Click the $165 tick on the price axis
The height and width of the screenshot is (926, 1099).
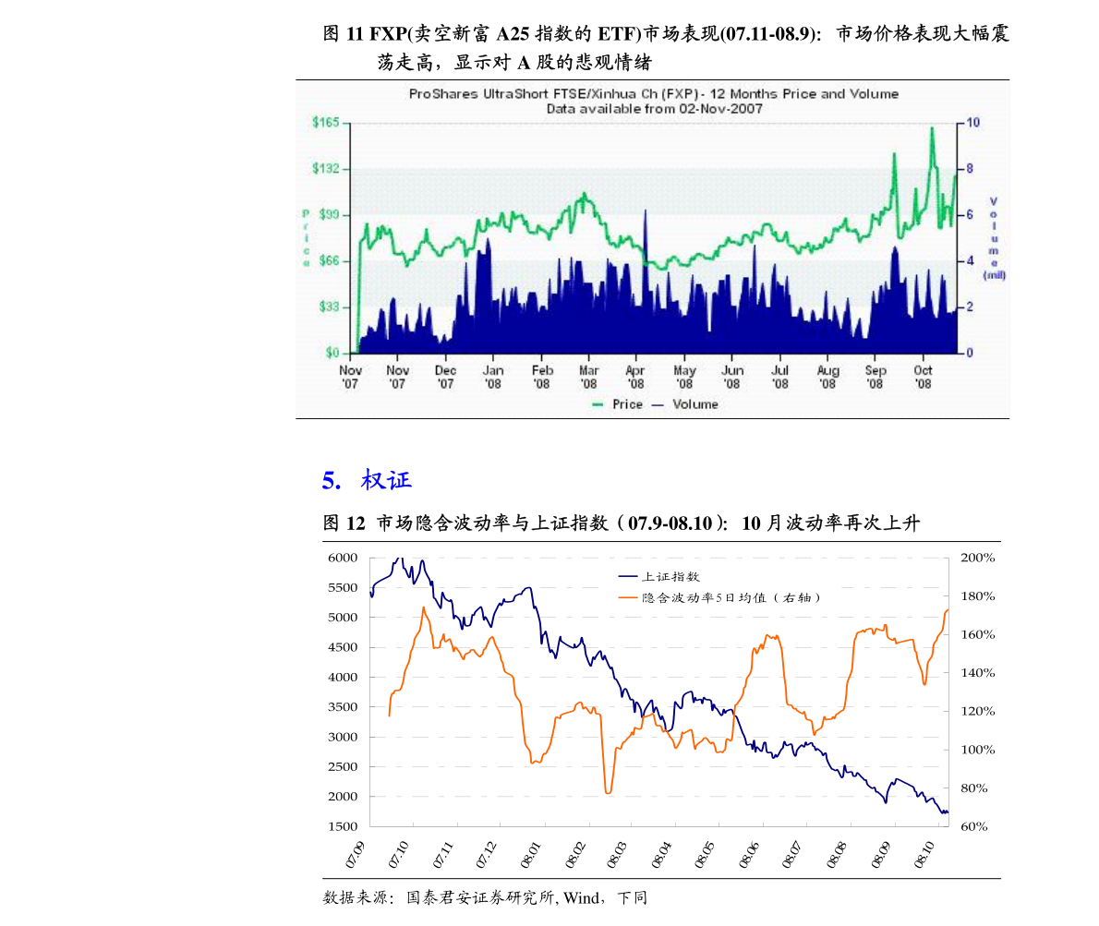click(326, 123)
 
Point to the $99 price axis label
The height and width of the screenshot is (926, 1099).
click(328, 215)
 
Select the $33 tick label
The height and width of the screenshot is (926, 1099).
click(328, 307)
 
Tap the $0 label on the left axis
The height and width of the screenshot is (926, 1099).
click(332, 353)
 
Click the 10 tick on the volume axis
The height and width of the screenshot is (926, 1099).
click(973, 123)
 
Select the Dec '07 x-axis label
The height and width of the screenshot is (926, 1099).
click(445, 377)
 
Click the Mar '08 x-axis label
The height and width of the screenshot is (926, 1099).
click(588, 377)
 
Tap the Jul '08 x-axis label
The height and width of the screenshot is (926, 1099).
click(779, 377)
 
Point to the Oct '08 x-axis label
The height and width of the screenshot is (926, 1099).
click(923, 377)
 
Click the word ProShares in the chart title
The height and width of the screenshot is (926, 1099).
click(443, 94)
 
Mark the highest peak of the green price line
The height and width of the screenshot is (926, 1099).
click(932, 128)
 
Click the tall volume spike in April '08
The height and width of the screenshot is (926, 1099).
click(646, 213)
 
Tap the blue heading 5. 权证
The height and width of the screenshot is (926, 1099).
click(367, 480)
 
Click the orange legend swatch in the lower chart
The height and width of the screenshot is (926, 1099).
click(628, 597)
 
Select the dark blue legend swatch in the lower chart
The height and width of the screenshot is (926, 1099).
click(628, 576)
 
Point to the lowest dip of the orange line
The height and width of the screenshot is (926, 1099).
click(608, 792)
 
